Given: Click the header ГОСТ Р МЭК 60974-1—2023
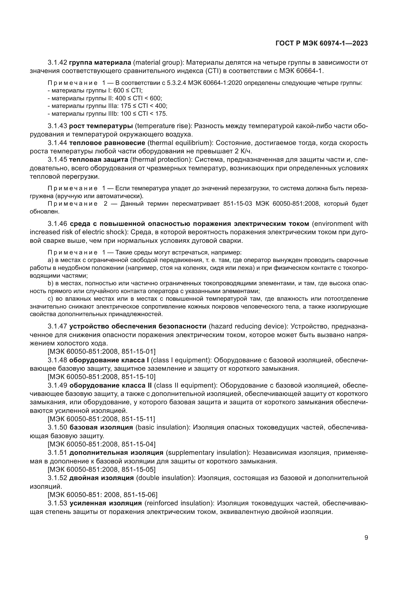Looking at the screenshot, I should tap(321, 43).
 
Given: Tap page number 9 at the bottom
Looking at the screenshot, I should tap(366, 538).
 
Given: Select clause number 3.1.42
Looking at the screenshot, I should tap(57, 63).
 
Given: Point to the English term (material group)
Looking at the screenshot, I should tap(158, 63).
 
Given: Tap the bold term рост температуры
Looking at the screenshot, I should tap(101, 126).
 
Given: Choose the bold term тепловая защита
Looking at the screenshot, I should tap(99, 160).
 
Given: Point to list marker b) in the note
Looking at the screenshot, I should tap(50, 283).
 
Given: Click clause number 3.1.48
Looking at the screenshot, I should tap(57, 360).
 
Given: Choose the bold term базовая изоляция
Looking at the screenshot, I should tap(101, 428).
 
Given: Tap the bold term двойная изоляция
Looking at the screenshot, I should tap(101, 478).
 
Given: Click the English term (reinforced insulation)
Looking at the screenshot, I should tap(179, 503).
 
